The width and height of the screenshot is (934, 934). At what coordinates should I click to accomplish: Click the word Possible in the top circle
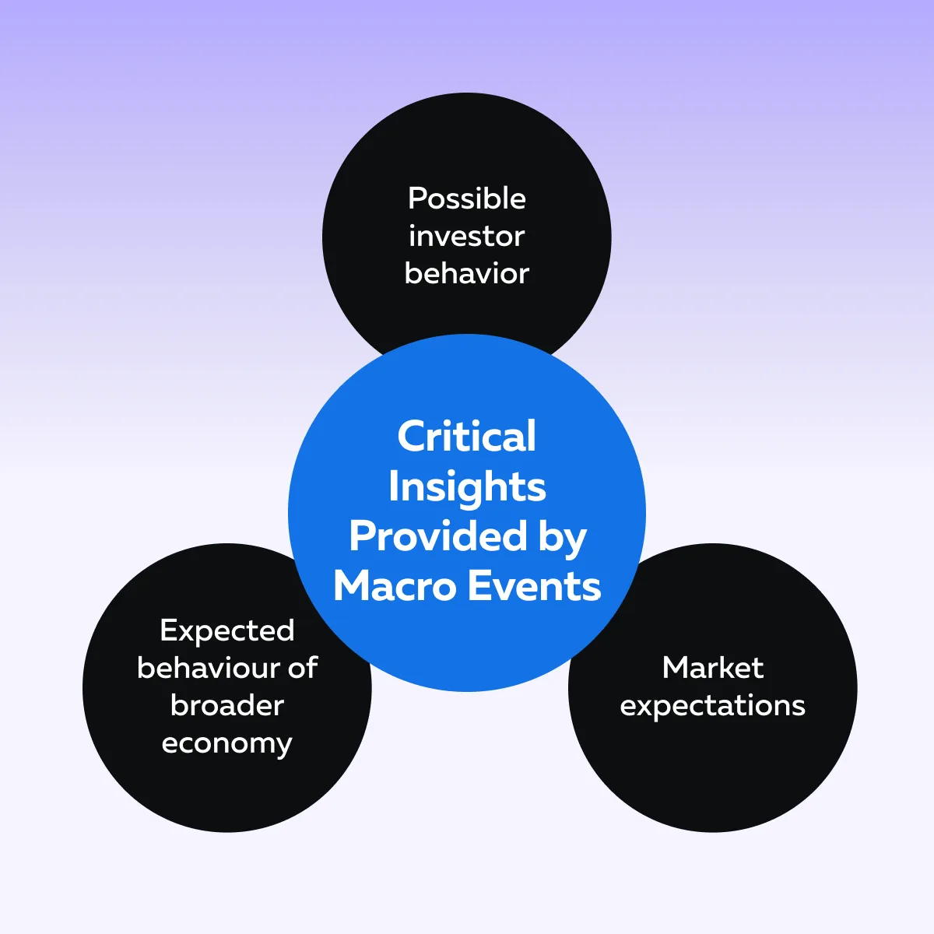coord(467,199)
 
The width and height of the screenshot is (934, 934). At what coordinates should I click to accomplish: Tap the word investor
coord(467,237)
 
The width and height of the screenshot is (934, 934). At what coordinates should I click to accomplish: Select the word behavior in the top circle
coord(467,273)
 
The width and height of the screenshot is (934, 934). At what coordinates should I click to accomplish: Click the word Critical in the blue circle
coord(467,436)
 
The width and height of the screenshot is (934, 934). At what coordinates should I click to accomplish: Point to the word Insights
coord(467,487)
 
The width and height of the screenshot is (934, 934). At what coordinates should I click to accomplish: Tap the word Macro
coord(395,587)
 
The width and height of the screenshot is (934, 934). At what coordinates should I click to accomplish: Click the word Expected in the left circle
coord(227,631)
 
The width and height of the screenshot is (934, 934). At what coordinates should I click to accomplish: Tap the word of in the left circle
coord(303,668)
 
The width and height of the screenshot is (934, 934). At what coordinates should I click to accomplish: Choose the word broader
coord(227,705)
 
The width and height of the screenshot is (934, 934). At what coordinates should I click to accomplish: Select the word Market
coord(713,668)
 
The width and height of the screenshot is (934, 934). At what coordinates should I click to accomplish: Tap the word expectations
coord(712,707)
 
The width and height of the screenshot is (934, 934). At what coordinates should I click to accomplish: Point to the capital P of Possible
coord(417,198)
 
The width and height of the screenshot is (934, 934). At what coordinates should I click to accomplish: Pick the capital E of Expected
coord(168,630)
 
